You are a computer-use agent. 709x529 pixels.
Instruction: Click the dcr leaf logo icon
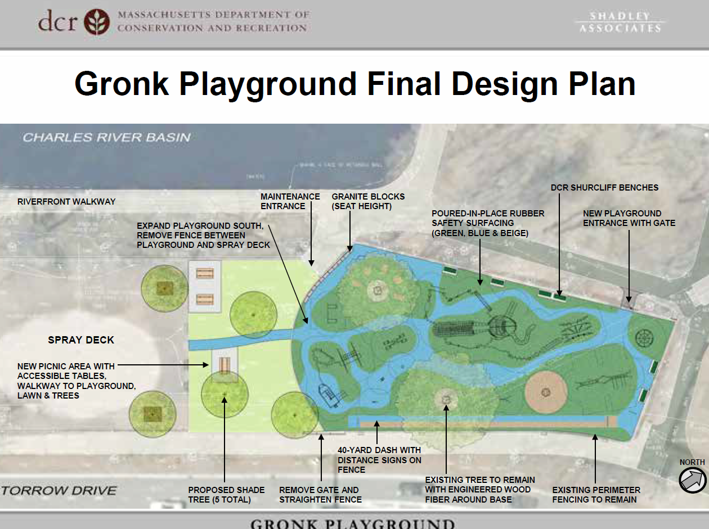(97, 22)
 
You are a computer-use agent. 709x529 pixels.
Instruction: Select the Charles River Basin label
(106, 137)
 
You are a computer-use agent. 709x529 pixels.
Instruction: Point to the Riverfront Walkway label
(66, 201)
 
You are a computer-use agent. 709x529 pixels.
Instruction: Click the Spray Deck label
(81, 340)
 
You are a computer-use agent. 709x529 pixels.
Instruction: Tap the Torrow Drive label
(59, 490)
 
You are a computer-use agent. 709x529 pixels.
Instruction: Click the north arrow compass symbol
(692, 481)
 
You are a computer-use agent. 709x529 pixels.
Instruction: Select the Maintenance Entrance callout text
(290, 201)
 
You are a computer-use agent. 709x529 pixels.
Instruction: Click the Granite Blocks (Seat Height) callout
(368, 201)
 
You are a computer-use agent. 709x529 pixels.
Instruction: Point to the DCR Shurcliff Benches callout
(604, 187)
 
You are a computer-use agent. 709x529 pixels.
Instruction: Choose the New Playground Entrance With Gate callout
(629, 218)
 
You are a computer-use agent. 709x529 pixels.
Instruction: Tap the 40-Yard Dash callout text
(379, 460)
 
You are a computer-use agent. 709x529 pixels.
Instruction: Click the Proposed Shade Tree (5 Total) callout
(226, 494)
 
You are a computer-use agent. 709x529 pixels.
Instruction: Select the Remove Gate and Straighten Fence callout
(320, 494)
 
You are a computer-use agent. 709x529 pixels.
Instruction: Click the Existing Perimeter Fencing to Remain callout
(596, 494)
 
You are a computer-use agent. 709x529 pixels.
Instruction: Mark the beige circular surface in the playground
(545, 391)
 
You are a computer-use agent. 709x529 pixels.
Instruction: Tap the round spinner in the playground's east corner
(643, 338)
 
